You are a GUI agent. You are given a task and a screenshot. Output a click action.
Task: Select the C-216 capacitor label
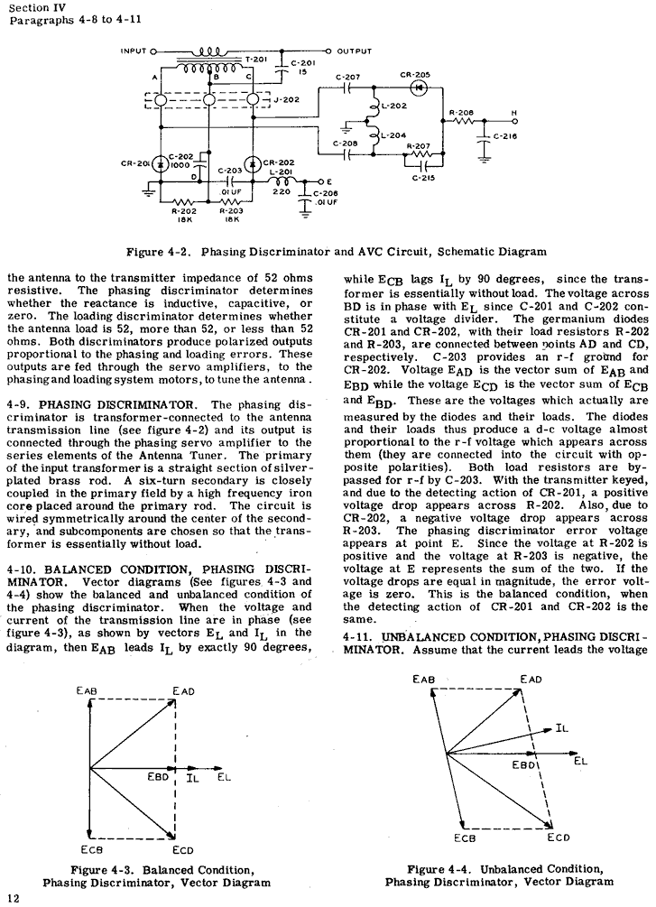coord(506,136)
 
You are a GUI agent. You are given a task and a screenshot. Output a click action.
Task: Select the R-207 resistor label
coord(418,146)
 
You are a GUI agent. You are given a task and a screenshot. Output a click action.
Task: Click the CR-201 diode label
coord(135,163)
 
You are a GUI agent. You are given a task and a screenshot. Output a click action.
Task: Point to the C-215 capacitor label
coord(423,179)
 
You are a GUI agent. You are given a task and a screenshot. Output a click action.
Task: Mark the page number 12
coord(13,896)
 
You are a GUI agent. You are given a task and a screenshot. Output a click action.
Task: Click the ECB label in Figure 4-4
coord(465,838)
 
